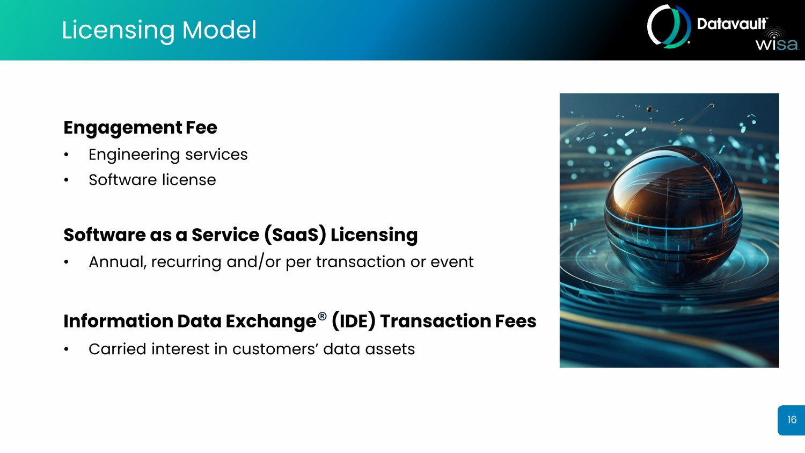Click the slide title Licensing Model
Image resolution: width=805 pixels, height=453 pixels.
click(x=159, y=30)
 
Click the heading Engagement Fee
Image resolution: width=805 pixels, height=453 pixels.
click(x=140, y=128)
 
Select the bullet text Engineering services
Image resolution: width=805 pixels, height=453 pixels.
click(x=168, y=155)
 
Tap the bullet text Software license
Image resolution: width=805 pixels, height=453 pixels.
click(x=152, y=180)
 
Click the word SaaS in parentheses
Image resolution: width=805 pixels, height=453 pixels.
click(x=295, y=235)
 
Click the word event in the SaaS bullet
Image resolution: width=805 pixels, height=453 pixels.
click(x=452, y=262)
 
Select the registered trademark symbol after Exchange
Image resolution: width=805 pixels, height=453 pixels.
click(x=322, y=316)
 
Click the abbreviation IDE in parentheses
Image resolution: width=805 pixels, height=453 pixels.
click(x=354, y=321)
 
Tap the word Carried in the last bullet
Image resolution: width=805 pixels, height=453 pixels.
click(x=117, y=349)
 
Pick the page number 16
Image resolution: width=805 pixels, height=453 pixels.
click(x=792, y=420)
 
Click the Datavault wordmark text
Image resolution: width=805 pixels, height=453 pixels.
click(x=732, y=24)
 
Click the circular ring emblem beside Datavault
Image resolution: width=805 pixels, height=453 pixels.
click(x=669, y=27)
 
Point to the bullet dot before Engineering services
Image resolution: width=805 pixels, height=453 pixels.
click(x=66, y=155)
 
